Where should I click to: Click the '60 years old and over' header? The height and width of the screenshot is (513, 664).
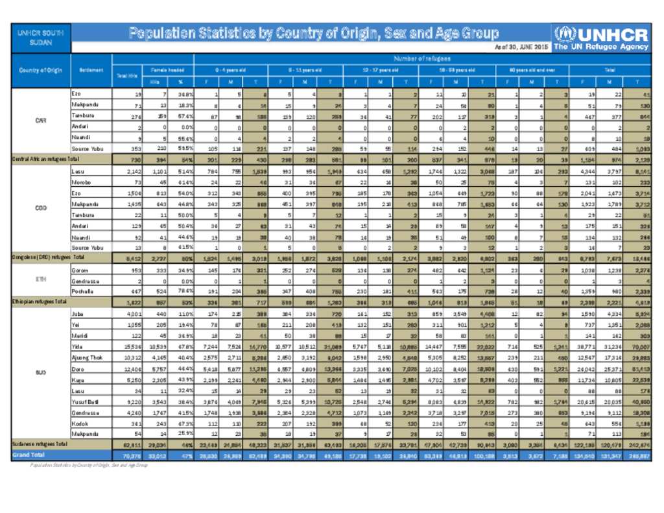(531, 68)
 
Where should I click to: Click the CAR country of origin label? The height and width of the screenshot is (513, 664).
(40, 120)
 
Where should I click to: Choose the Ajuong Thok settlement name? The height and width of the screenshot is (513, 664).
(87, 357)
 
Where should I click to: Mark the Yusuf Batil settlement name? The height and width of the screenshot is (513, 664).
(85, 402)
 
